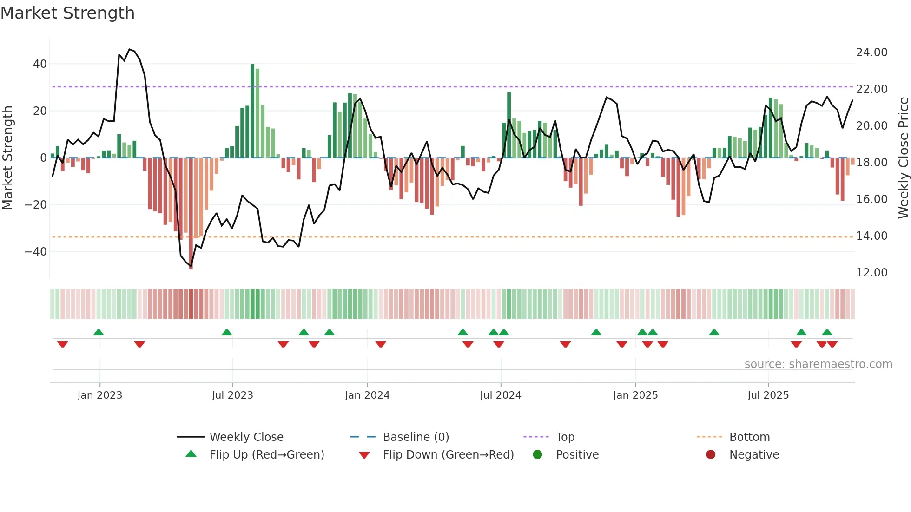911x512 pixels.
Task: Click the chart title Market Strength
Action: (67, 13)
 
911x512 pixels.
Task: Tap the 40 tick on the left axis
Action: (40, 64)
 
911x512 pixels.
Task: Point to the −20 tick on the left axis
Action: (36, 205)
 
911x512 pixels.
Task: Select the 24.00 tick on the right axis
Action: (871, 53)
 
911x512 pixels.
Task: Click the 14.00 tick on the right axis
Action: (871, 236)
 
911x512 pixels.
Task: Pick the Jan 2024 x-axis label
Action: (367, 395)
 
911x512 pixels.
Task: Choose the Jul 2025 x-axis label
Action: (768, 395)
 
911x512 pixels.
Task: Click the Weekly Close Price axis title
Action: (903, 158)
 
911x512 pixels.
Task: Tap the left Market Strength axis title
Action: (7, 158)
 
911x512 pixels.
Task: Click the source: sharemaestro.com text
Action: (818, 364)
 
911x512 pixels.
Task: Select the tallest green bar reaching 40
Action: (252, 112)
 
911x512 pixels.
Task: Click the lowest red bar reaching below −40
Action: (191, 214)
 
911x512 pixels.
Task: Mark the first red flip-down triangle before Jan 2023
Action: (63, 344)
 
